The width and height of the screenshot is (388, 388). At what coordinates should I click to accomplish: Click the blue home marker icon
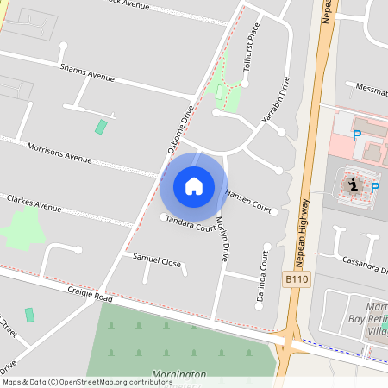tap(194, 185)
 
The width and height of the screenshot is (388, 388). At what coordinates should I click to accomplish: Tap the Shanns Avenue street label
tap(87, 72)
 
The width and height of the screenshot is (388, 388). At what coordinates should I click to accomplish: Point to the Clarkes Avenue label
tap(34, 203)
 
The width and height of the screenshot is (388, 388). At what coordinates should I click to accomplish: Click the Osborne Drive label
tap(179, 129)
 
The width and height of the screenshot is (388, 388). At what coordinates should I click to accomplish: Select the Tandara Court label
tap(191, 224)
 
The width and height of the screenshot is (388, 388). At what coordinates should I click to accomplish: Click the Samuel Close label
tap(156, 259)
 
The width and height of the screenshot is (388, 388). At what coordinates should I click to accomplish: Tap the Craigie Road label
tap(90, 294)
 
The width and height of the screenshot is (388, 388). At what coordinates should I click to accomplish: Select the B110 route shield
tap(296, 279)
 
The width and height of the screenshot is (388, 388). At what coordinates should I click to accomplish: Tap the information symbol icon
tap(353, 184)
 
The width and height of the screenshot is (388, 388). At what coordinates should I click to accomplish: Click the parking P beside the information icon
tap(375, 186)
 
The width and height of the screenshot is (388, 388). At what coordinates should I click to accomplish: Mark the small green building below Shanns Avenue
tap(101, 127)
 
